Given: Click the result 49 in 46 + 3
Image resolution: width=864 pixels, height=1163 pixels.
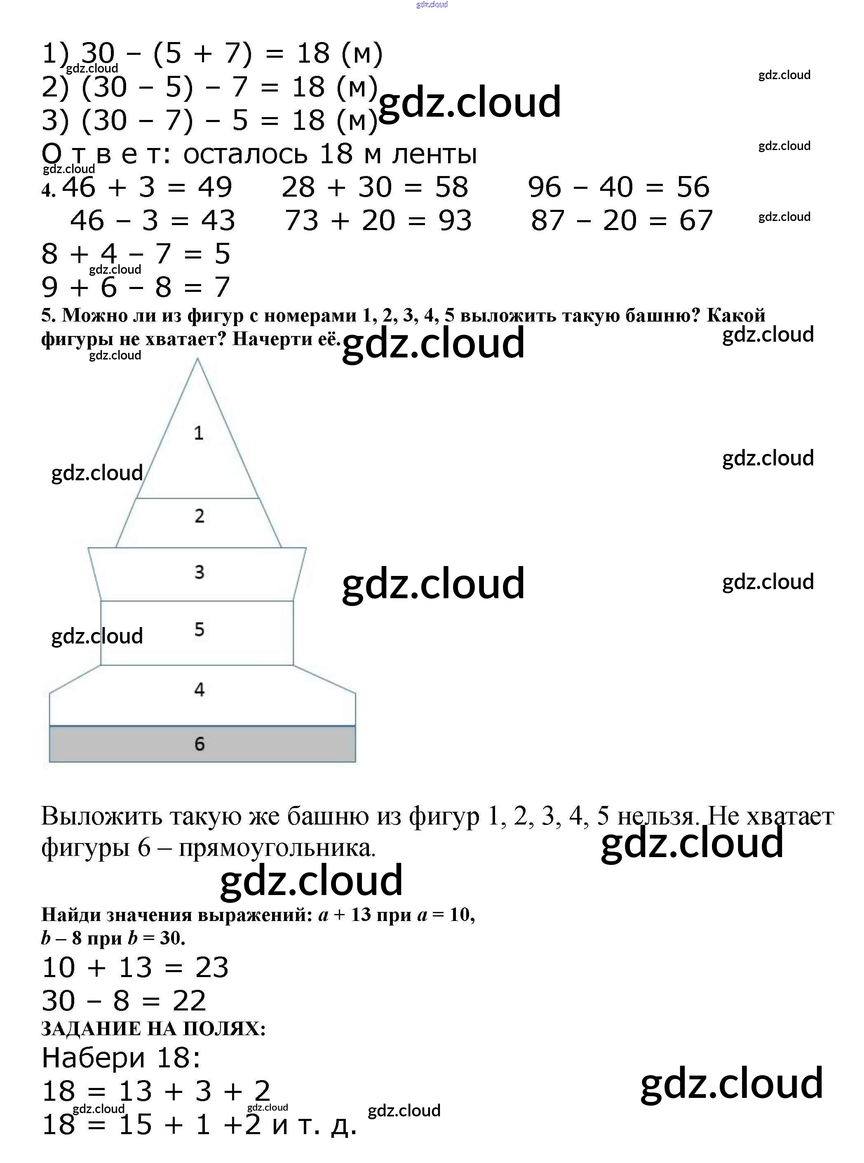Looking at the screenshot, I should pos(215,187).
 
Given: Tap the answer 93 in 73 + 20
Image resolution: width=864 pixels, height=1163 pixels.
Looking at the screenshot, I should pos(455,221).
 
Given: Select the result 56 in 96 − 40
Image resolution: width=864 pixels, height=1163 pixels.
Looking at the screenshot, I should pos(693,187).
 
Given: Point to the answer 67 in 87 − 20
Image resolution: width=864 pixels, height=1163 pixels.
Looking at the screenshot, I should pos(695,221).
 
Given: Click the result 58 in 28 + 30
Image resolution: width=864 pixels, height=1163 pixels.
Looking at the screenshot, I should pos(451,187).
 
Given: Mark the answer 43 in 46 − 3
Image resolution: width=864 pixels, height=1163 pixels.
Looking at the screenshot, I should pos(218,221).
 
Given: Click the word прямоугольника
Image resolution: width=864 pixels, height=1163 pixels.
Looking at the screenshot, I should pos(277,848).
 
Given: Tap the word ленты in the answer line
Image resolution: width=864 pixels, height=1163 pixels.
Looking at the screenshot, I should pos(434,154).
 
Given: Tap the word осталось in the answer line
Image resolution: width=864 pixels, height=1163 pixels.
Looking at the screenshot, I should pos(245,154).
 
